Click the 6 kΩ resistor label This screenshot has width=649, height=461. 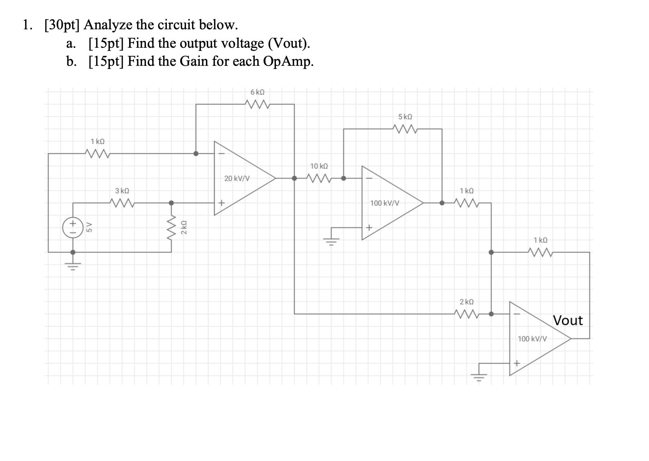coord(257,92)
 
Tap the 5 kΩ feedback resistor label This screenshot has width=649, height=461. coord(405,117)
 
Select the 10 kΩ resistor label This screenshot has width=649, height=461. coord(319,166)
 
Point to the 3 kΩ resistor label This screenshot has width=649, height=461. coord(122,191)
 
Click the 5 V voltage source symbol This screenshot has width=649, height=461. coord(73,227)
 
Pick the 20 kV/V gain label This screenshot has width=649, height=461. coord(237,178)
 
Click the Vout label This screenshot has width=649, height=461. coord(568,320)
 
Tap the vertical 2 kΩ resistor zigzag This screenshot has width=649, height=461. coord(172,227)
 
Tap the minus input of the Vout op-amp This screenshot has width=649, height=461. coord(517,314)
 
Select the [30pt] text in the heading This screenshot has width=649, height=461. coord(63,25)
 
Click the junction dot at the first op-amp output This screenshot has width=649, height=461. coord(294,178)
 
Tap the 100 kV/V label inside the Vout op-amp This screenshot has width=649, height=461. coord(532,339)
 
